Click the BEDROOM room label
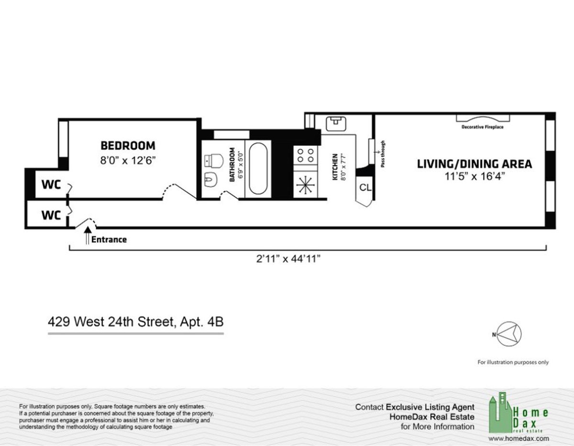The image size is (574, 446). click(x=127, y=145)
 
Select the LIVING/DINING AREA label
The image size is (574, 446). click(x=475, y=164)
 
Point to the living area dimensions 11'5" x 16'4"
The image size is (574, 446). click(x=475, y=176)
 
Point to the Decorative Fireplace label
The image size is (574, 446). click(x=482, y=127)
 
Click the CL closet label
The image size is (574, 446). click(x=365, y=188)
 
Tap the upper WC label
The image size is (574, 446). click(x=51, y=185)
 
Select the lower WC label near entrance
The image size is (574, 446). click(x=51, y=215)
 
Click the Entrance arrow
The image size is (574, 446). click(x=88, y=237)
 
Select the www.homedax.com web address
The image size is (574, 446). click(x=519, y=438)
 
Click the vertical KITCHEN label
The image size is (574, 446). click(x=335, y=167)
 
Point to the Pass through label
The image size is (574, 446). click(x=383, y=153)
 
